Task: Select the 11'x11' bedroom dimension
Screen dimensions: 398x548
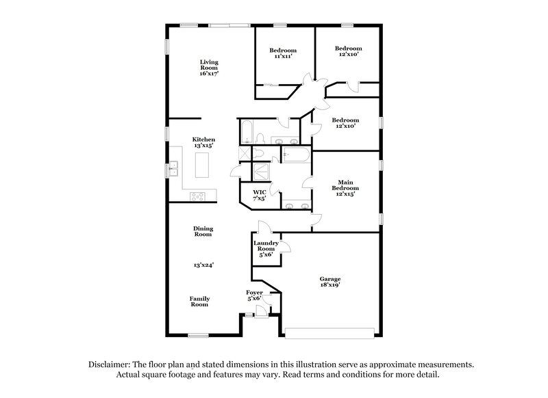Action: [x=282, y=57]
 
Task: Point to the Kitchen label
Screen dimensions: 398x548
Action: [x=203, y=139]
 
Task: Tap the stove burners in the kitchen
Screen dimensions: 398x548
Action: [x=198, y=196]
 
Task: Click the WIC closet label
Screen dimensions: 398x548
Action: [x=260, y=192]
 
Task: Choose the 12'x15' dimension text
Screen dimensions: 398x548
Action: [x=345, y=195]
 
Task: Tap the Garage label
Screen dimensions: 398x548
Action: [x=330, y=279]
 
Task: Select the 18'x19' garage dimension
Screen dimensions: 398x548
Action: [x=330, y=286]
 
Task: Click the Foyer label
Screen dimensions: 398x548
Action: [x=254, y=292]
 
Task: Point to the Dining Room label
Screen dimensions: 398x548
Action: [x=202, y=231]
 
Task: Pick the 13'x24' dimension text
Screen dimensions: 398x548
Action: [x=202, y=263]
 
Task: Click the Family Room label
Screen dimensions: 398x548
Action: [x=199, y=302]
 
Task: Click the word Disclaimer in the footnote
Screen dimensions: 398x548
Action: [x=110, y=364]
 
